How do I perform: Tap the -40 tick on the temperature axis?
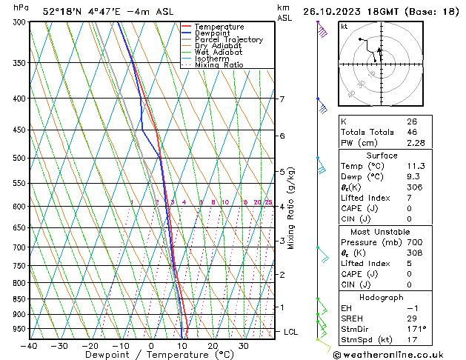click(30, 345)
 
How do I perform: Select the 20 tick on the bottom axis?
click(213, 345)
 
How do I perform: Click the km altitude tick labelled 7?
click(282, 99)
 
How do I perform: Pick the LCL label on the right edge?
click(291, 332)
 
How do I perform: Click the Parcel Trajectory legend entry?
click(228, 39)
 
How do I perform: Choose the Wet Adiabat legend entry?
click(219, 53)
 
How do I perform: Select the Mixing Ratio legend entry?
click(219, 65)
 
